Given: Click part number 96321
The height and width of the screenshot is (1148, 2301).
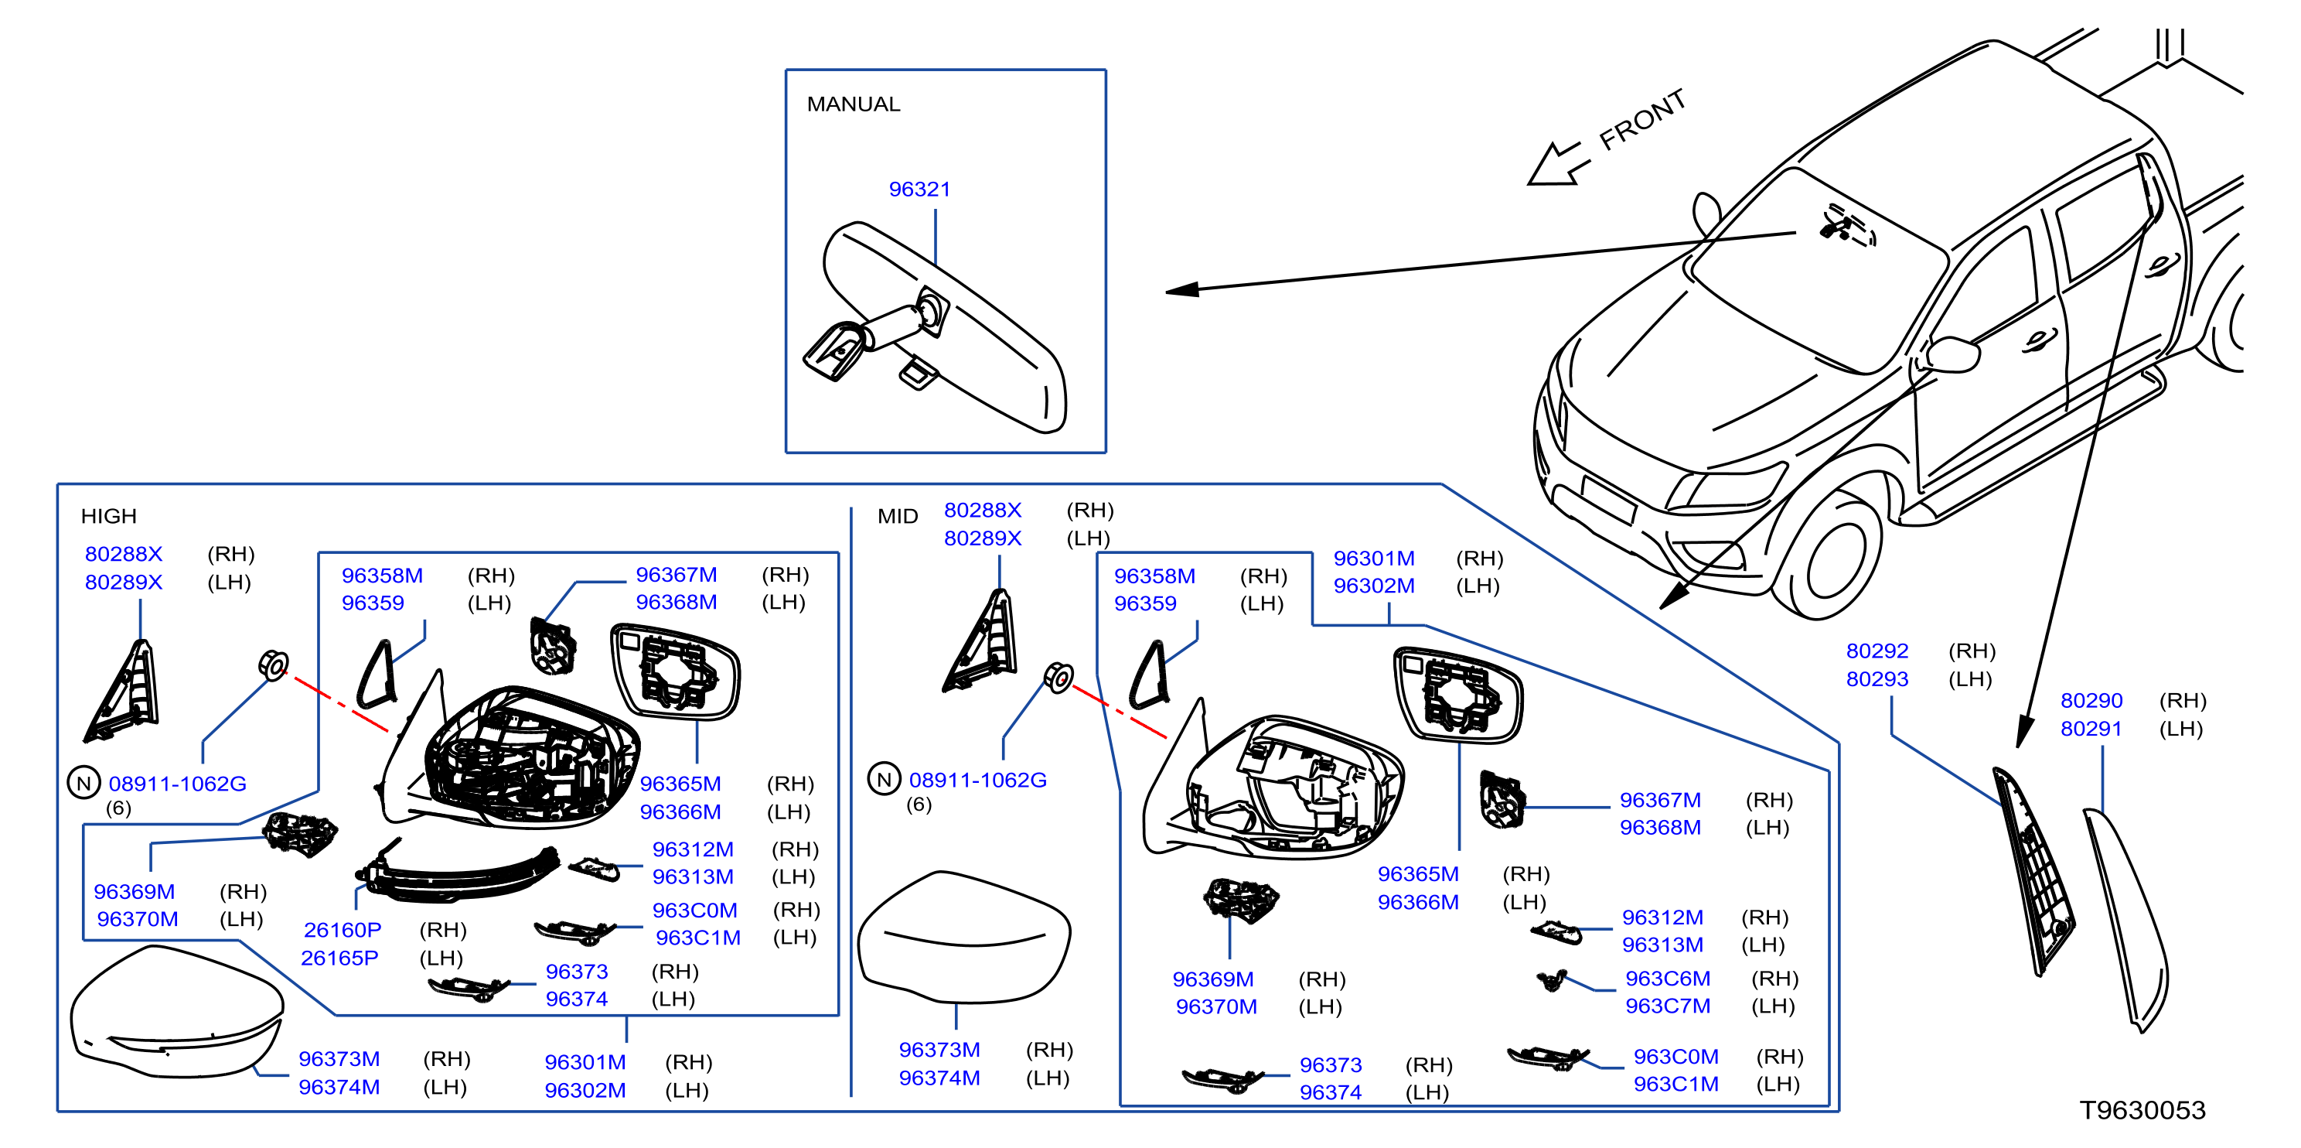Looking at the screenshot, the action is point(919,190).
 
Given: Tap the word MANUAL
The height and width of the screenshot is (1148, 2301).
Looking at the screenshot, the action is point(853,104).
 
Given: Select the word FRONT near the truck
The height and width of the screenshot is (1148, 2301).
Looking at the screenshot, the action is point(1641,120).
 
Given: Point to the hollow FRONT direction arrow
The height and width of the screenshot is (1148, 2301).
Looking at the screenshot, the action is point(1559,164).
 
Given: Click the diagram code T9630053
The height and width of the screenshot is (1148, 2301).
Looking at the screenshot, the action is point(2142,1109).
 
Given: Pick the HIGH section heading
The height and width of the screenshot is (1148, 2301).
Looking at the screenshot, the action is point(109,517).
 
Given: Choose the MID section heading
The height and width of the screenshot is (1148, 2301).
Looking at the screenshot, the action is point(898,517).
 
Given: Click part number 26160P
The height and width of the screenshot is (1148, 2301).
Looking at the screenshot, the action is point(342,930).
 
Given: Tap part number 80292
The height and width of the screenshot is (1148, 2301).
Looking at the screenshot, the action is point(1877,651).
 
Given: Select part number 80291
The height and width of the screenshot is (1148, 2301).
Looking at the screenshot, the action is point(2090,729).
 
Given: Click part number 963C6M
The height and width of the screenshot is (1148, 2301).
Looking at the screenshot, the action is point(1667,979).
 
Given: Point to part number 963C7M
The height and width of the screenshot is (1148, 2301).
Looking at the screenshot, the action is point(1667,1006).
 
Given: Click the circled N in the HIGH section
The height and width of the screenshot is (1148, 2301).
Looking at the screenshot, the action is point(84,784).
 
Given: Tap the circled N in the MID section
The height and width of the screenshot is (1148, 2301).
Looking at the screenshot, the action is point(884,779).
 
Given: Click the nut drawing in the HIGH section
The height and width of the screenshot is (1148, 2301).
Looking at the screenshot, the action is point(274,665).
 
